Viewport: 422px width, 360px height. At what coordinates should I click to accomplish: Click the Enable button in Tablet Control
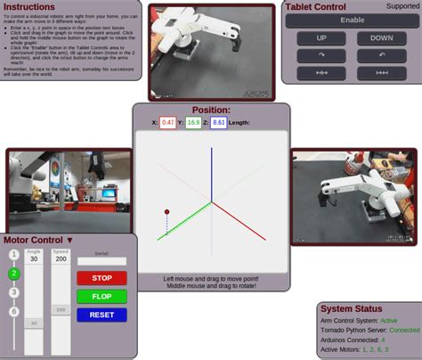[x=353, y=20]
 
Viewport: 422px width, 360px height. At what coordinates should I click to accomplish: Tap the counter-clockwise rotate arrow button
[x=381, y=54]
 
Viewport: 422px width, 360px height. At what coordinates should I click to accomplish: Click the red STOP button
[x=101, y=278]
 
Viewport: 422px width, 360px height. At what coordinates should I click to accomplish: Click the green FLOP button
[x=101, y=296]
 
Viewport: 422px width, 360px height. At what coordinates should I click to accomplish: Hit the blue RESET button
[x=101, y=315]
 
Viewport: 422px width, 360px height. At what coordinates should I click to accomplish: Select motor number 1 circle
[x=13, y=255]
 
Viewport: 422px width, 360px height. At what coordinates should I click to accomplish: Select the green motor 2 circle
[x=13, y=274]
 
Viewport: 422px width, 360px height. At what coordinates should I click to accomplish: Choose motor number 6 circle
[x=13, y=311]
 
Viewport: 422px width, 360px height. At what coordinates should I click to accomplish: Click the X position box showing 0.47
[x=167, y=122]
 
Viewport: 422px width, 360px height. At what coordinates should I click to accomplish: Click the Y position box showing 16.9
[x=193, y=122]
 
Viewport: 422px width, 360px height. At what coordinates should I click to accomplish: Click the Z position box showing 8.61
[x=219, y=122]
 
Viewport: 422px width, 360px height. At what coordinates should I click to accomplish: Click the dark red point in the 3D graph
[x=166, y=210]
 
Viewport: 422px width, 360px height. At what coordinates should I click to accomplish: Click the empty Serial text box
[x=101, y=262]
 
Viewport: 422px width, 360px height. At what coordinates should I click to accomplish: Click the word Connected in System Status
[x=404, y=330]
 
